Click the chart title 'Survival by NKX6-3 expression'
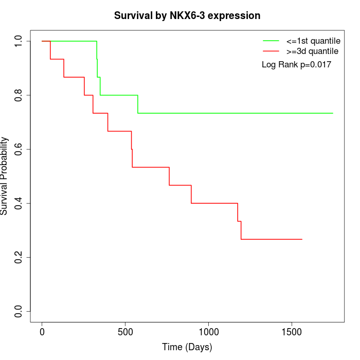(187, 15)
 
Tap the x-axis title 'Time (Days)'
(187, 347)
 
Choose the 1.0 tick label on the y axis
(19, 41)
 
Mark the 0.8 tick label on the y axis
(19, 95)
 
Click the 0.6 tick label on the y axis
(19, 149)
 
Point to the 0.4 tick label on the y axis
(19, 203)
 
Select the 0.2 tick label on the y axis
(19, 257)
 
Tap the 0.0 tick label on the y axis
(19, 311)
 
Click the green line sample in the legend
(271, 41)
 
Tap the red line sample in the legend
(271, 51)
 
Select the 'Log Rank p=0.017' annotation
(296, 65)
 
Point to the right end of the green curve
(333, 113)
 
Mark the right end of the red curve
(302, 239)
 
